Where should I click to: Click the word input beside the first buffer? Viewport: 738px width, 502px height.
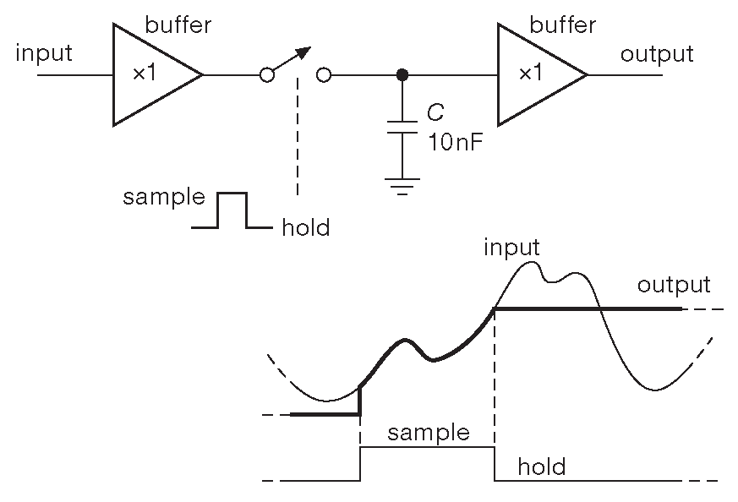tap(44, 53)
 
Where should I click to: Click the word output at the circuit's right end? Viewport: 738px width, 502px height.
tap(657, 55)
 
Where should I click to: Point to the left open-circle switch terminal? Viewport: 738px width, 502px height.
tap(267, 75)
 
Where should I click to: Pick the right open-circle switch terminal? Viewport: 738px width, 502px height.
tap(323, 75)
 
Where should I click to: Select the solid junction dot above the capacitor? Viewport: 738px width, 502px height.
tap(403, 75)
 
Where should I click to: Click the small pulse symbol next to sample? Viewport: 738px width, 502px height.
tap(232, 210)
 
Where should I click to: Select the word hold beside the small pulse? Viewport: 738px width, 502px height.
tap(305, 227)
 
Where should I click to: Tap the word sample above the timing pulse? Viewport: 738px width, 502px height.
tap(428, 434)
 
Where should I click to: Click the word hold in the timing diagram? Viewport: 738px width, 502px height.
tap(541, 467)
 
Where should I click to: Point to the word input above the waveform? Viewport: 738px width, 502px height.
tap(512, 248)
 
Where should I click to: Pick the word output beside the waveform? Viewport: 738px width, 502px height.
tap(674, 285)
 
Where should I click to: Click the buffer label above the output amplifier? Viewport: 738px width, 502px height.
tap(560, 25)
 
